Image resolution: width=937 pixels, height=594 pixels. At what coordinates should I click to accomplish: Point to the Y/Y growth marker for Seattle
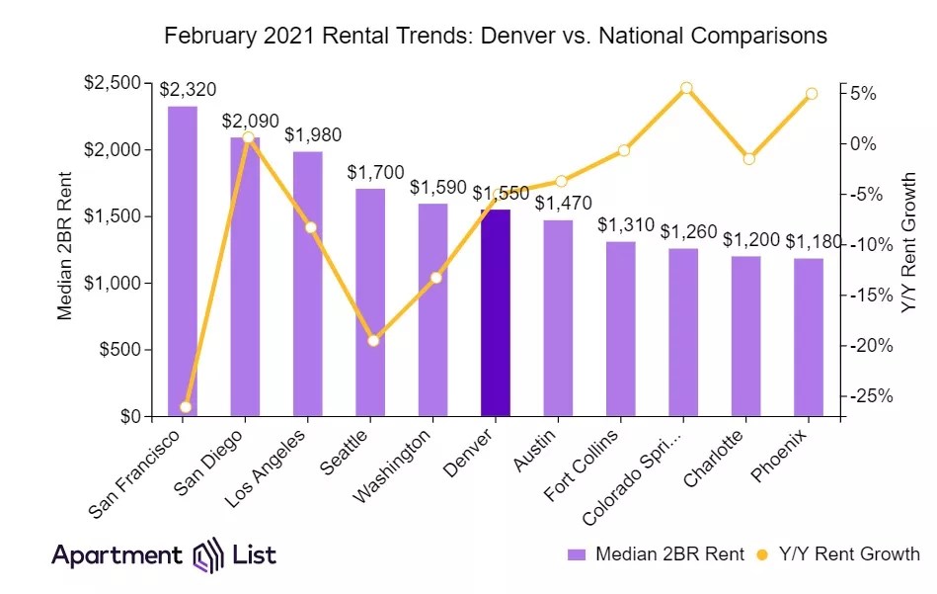373,341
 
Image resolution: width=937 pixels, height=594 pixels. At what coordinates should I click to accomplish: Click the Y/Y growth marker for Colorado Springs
686,88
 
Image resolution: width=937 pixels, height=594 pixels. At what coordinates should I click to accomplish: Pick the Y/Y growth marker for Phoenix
811,94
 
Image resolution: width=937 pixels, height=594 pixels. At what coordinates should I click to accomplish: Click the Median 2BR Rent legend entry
656,554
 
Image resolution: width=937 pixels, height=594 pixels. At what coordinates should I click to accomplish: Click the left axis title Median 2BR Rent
65,246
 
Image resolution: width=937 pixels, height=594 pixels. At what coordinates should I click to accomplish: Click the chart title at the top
496,37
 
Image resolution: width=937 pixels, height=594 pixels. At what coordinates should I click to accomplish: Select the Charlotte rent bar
746,336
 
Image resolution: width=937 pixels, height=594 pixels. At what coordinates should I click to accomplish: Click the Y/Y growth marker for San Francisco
186,407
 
